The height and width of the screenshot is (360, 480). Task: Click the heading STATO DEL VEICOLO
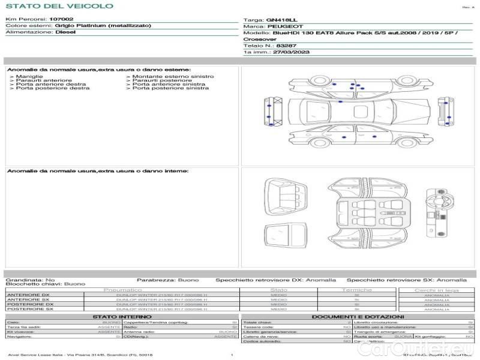[59, 6]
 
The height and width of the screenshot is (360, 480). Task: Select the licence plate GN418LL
[281, 20]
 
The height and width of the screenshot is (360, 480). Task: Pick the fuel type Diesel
[65, 32]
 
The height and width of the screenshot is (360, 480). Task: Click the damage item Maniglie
[29, 77]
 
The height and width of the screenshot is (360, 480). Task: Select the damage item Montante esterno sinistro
[173, 77]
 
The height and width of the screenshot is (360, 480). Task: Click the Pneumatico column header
[123, 290]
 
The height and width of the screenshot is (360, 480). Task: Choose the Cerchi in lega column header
[436, 290]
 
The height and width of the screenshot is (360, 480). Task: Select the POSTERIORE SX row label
[29, 309]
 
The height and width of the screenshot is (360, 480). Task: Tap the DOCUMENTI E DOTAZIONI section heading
[358, 316]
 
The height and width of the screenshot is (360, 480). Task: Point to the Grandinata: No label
[30, 280]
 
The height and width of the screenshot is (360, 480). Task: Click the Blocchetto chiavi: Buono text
[46, 284]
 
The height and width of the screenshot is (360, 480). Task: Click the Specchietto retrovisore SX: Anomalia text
[406, 280]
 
